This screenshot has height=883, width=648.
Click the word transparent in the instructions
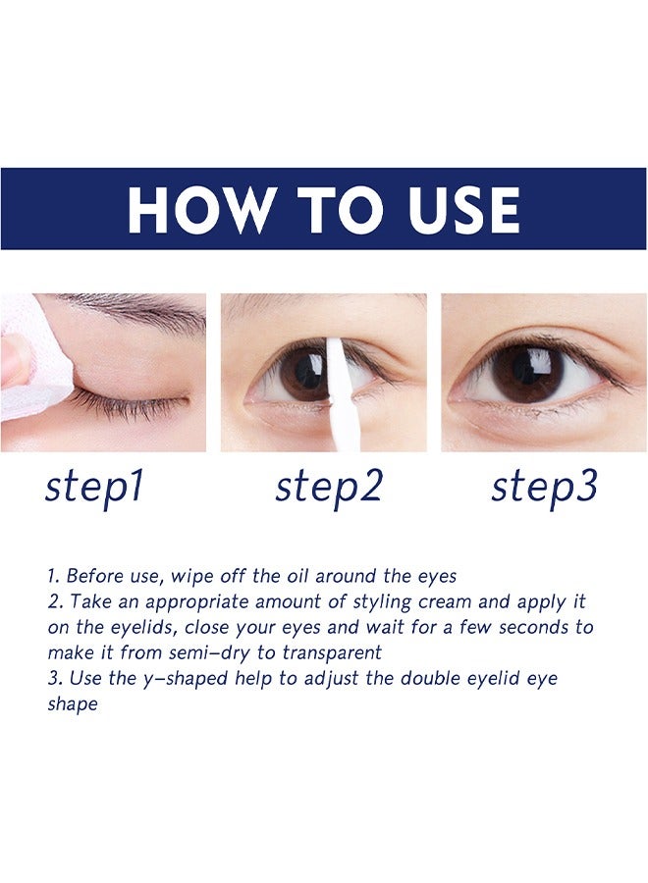tap(327, 652)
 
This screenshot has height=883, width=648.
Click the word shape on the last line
tap(73, 704)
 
